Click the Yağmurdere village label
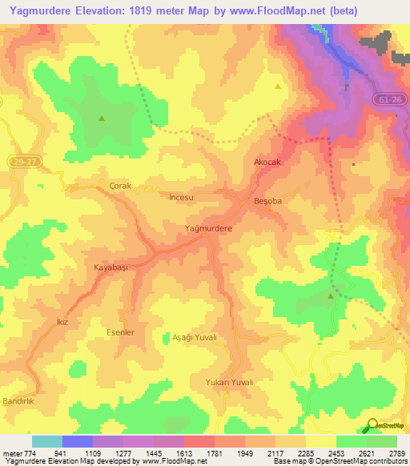point(208,229)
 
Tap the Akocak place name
point(268,162)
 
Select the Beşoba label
point(268,201)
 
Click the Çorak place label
point(119,186)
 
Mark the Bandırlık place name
point(17,399)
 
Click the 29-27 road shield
point(24,162)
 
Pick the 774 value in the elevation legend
point(30,453)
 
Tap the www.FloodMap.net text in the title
point(264,11)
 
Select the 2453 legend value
point(335,453)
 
